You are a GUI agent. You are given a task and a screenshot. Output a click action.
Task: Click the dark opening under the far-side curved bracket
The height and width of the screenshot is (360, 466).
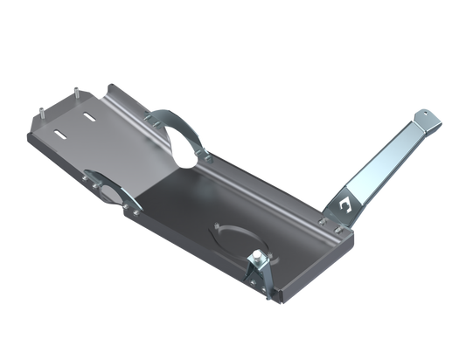point(186,145)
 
